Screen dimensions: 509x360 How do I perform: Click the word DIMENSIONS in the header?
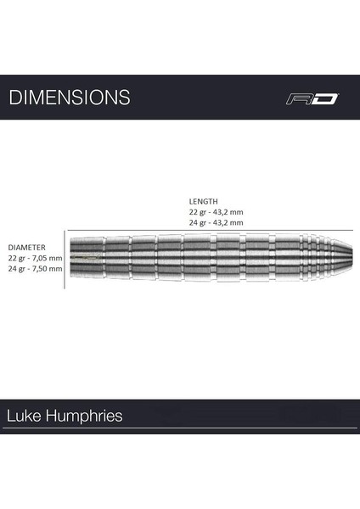tap(70, 97)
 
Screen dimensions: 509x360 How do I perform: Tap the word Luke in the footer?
tap(23, 417)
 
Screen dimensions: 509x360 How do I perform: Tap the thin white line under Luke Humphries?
tap(180, 431)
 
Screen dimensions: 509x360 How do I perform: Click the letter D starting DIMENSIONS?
tap(14, 97)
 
